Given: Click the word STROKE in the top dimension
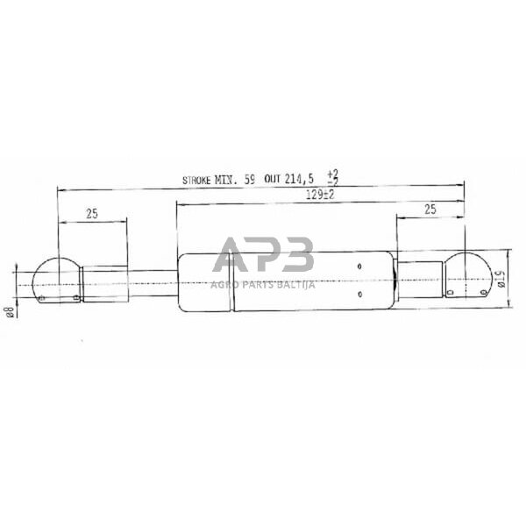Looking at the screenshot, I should (x=197, y=180).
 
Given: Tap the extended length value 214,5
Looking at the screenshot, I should (x=300, y=180).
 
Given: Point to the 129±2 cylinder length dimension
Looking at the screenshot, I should (x=321, y=196).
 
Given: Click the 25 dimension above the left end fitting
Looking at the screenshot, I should (x=92, y=213).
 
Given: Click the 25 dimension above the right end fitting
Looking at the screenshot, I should (x=429, y=210).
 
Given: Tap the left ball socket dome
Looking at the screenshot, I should (x=54, y=279).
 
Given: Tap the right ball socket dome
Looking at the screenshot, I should (x=466, y=274).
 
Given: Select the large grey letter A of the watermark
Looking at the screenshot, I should (x=233, y=255).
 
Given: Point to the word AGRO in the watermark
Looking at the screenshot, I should (x=223, y=282).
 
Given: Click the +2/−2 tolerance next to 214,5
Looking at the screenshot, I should (x=331, y=177).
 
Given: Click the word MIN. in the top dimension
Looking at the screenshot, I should (x=227, y=180).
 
